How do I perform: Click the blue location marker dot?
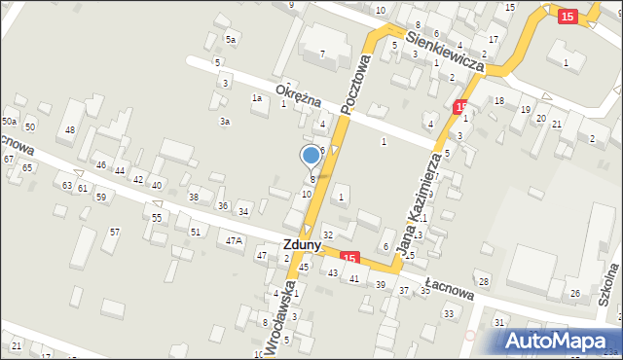[311, 155]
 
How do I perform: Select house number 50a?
[10, 121]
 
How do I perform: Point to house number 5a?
[231, 39]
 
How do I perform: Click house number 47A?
[234, 240]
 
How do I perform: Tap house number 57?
[115, 232]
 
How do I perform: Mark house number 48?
[69, 129]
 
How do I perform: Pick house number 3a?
[224, 122]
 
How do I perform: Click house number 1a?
[257, 97]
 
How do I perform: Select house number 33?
[449, 313]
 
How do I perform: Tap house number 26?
[575, 293]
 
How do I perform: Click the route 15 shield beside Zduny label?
[350, 257]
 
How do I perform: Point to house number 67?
[9, 158]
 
